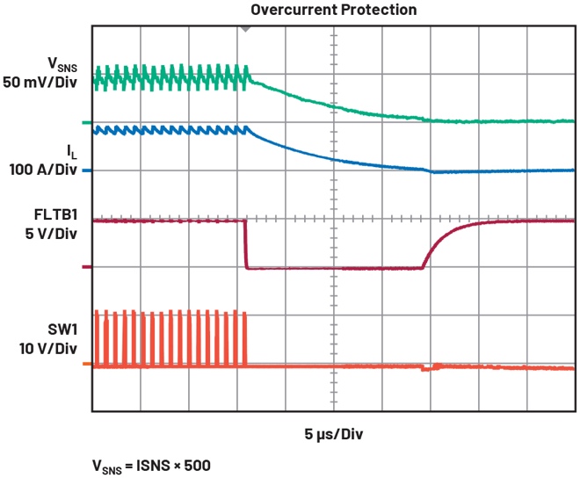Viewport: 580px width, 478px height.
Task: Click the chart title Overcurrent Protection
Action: pos(334,10)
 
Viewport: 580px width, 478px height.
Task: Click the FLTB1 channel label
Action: pos(61,213)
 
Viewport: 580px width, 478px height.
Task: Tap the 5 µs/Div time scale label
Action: pos(334,433)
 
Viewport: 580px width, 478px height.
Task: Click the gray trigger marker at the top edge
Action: pos(246,28)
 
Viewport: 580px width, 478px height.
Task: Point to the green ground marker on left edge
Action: pos(86,122)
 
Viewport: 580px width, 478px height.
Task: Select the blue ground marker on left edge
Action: pos(86,171)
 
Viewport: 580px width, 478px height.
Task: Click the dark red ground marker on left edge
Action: pos(86,267)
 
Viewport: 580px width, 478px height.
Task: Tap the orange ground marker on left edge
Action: pos(86,363)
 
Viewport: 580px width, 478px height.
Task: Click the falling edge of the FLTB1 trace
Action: pos(245,244)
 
